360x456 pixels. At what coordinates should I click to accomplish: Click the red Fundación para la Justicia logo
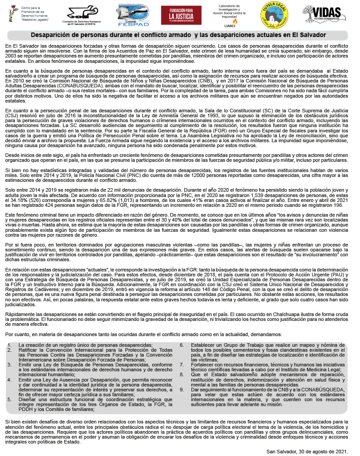181,16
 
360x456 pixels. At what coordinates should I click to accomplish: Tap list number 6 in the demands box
182,345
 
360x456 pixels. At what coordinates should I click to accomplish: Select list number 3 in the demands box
9,365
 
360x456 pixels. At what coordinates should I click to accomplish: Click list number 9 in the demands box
182,389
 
